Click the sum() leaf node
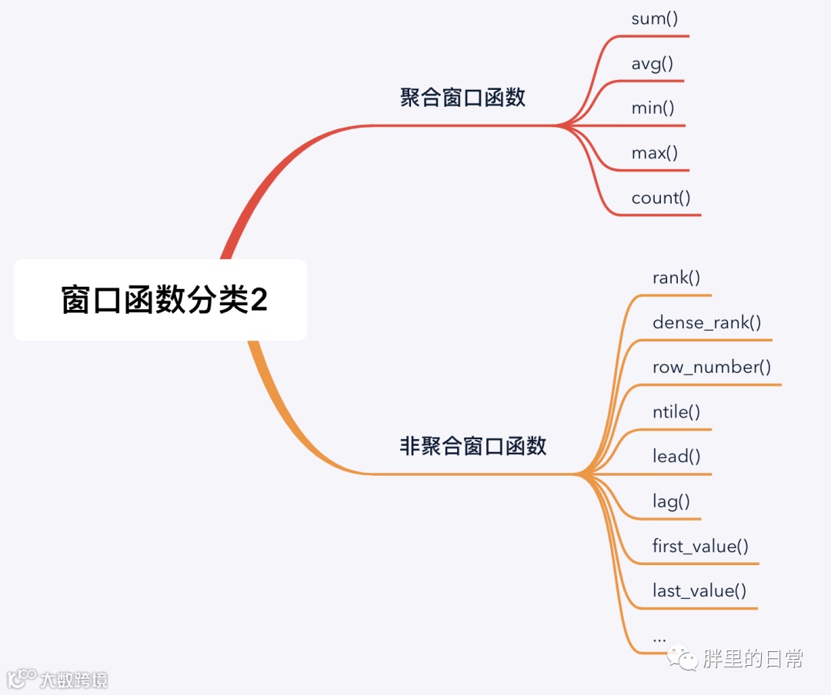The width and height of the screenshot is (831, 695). coord(655,19)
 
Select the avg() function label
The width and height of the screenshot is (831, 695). coord(652,64)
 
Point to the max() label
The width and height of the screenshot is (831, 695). coord(655,153)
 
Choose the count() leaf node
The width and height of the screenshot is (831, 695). coord(661,198)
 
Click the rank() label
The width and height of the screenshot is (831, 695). coord(676,278)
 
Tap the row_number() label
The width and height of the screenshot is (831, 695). coord(712,367)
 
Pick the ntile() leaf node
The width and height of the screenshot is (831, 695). coord(676,411)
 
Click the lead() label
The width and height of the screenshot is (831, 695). coord(676,456)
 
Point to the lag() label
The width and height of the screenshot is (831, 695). coord(671,502)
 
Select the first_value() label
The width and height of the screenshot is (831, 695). coord(700,547)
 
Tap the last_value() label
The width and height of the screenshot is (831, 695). coord(699,591)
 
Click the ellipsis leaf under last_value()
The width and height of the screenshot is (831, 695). coord(659,638)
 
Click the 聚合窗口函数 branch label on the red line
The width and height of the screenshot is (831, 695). coord(462,98)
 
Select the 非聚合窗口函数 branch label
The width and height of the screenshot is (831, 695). coord(473,446)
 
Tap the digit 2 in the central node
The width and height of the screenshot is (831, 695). coord(259,300)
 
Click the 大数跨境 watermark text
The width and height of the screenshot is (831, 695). coord(74,680)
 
